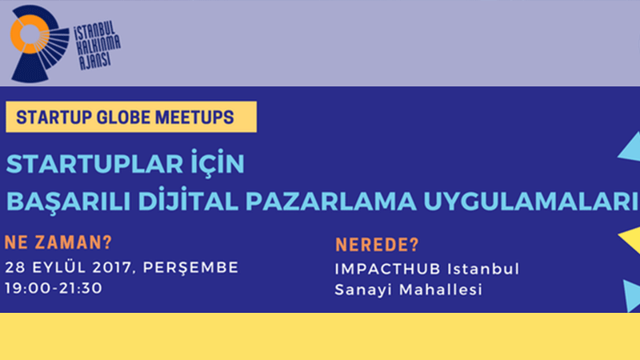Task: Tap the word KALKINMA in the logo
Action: tap(98, 46)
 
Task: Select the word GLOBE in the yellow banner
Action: tap(124, 117)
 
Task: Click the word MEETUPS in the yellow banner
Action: tap(194, 117)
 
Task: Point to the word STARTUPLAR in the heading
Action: tap(94, 164)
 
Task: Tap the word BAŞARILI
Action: tap(69, 202)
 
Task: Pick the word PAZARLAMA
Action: tap(331, 202)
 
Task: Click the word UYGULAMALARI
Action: tap(531, 202)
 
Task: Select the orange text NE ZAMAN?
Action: tap(58, 242)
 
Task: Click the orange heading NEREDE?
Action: tap(377, 245)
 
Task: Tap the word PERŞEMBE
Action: tap(190, 268)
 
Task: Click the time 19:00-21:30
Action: tap(54, 288)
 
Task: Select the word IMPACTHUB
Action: tap(388, 269)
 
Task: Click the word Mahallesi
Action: tap(441, 290)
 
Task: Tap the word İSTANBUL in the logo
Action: tap(94, 31)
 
